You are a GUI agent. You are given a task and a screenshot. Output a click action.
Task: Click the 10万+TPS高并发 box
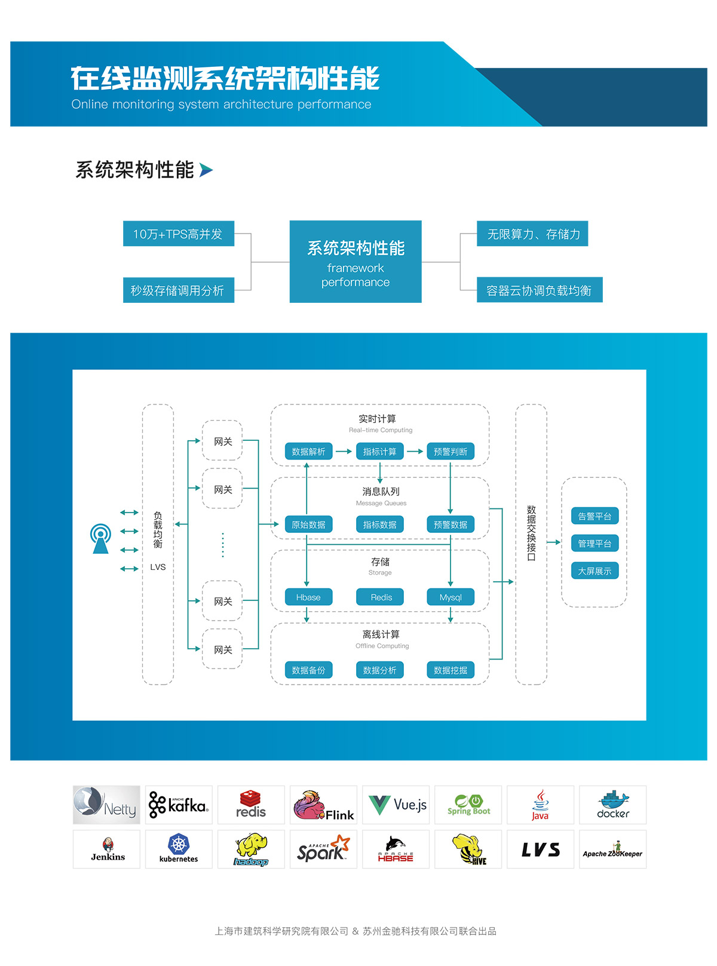click(178, 234)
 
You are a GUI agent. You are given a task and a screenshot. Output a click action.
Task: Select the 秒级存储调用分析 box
click(178, 290)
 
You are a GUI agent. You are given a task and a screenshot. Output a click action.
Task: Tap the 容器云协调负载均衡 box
click(539, 290)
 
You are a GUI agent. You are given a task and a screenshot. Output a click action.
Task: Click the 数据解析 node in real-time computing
click(308, 452)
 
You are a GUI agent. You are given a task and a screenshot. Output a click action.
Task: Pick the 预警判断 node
click(451, 452)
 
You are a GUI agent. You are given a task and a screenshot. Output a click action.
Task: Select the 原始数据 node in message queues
click(308, 525)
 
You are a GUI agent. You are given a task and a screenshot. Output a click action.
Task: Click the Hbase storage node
click(308, 597)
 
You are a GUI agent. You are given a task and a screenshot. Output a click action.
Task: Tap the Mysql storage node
click(451, 597)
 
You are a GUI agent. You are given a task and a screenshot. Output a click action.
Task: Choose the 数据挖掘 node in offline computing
click(451, 670)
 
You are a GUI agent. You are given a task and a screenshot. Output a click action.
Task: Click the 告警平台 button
click(595, 516)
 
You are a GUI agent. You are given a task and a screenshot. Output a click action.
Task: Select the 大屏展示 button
click(595, 571)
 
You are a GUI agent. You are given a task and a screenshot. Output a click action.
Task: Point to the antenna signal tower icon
click(100, 539)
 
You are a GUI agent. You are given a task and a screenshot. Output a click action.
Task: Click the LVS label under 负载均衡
click(158, 567)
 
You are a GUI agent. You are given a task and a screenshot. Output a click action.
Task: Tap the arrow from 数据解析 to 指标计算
click(344, 452)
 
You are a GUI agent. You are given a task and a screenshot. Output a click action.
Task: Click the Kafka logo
click(179, 805)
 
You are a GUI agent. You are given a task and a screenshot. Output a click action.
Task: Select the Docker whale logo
click(612, 805)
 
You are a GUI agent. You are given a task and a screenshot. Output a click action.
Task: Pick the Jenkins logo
click(108, 849)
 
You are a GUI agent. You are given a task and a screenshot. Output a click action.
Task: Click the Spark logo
click(323, 849)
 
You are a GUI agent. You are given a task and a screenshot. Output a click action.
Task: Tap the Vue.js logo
click(396, 805)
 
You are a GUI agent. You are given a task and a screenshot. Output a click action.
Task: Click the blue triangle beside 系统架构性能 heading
click(206, 170)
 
